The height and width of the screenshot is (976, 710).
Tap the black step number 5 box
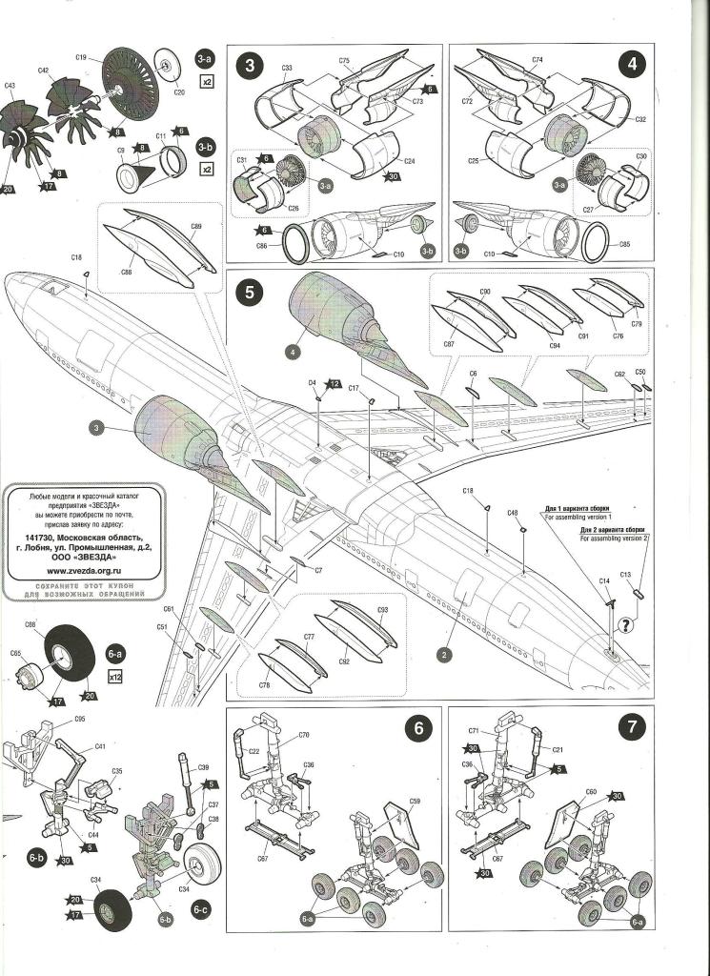(x=250, y=293)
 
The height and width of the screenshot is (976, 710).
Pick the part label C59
(x=416, y=801)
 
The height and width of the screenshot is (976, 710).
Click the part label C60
(x=591, y=792)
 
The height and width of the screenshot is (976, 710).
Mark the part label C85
(x=624, y=244)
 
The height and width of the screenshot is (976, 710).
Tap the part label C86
(x=261, y=246)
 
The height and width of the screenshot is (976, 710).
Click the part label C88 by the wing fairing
(x=126, y=272)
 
